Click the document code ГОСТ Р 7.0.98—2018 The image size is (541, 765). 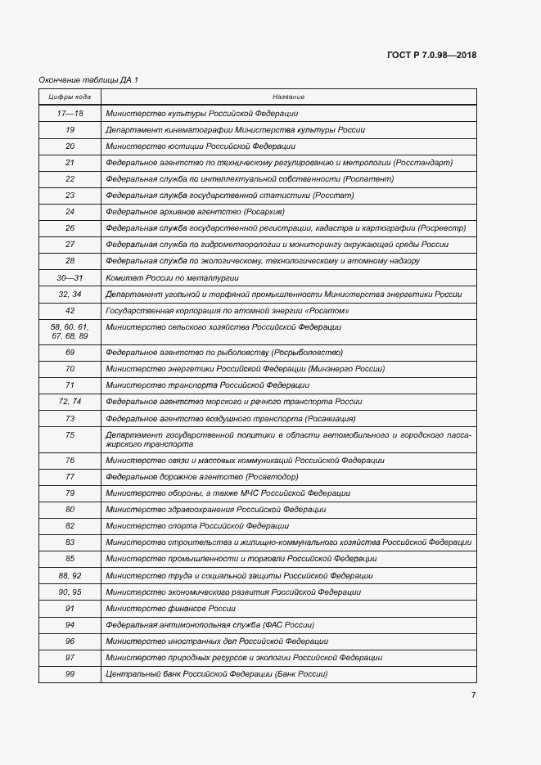[x=431, y=56]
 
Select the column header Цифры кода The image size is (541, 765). [x=70, y=97]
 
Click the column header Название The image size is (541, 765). [x=288, y=97]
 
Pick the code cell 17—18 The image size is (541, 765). [x=70, y=114]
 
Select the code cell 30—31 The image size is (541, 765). [x=70, y=277]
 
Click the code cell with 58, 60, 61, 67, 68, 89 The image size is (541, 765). [x=70, y=331]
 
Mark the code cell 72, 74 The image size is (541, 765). [x=70, y=402]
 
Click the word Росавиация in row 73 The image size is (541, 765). [x=331, y=418]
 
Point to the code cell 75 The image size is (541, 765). [x=70, y=434]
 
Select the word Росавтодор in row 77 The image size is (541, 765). [x=271, y=476]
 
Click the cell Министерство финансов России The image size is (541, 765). [x=171, y=609]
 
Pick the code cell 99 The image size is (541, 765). [x=70, y=674]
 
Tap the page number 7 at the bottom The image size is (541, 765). [x=472, y=695]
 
